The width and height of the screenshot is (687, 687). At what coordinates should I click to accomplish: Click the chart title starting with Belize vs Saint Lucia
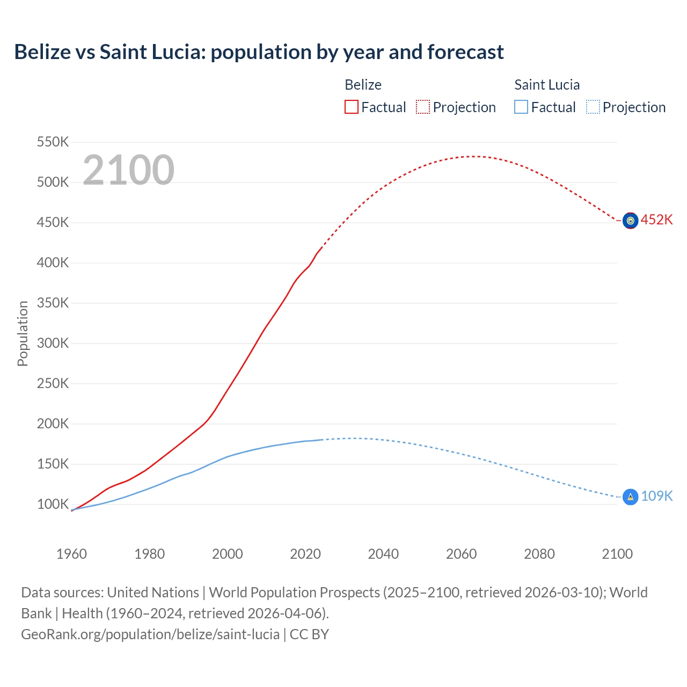[259, 52]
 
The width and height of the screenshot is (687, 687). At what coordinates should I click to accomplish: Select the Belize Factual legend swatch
[351, 107]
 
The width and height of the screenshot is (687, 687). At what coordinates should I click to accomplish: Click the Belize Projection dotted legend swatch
[423, 107]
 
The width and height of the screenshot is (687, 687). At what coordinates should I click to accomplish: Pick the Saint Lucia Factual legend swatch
[521, 107]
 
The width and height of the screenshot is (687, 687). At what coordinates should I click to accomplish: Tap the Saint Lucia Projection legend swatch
[593, 107]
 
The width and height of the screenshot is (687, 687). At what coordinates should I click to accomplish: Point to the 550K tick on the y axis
[53, 142]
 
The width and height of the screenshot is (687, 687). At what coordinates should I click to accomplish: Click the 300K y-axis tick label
[53, 343]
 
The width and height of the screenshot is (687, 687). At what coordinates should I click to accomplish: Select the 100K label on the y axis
[53, 505]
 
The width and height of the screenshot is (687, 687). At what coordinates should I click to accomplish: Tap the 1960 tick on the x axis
[71, 554]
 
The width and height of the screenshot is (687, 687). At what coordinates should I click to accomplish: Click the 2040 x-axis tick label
[383, 554]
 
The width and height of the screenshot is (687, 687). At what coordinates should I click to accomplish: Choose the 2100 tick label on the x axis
[617, 554]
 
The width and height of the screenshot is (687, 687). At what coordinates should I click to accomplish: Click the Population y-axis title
[23, 333]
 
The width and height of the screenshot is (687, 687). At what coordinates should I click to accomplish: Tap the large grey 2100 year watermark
[128, 170]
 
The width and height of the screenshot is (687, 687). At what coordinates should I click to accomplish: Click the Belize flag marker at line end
[630, 221]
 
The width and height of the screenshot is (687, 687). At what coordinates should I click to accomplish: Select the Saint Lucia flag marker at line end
[630, 497]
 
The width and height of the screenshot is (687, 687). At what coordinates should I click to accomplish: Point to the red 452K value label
[656, 220]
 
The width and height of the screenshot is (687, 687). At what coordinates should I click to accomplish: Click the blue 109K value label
[656, 496]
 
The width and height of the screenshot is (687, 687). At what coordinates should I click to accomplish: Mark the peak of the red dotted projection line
[472, 156]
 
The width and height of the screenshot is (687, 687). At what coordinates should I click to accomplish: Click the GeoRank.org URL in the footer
[150, 634]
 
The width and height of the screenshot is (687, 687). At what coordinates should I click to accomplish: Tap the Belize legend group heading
[363, 85]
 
